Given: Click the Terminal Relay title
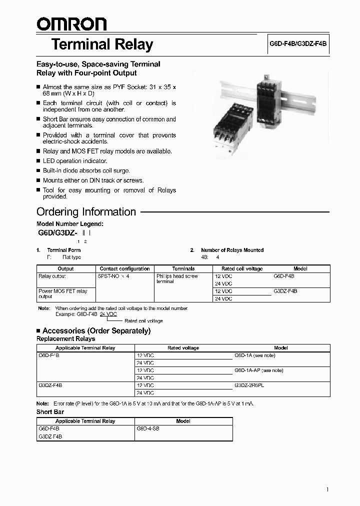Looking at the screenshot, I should (102, 44).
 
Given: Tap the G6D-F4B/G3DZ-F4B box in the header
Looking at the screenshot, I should (298, 44).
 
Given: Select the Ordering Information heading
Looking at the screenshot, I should (86, 211).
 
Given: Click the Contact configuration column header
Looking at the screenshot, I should (124, 268).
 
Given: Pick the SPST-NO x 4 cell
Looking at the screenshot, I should (114, 276).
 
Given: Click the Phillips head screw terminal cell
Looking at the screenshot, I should (177, 278).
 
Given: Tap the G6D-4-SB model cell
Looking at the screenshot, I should (148, 428).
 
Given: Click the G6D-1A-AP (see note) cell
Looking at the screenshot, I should (258, 370).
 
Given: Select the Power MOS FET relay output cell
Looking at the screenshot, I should (63, 293).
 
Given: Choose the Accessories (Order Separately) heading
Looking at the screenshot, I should (96, 330).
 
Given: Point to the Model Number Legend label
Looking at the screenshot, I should (70, 224).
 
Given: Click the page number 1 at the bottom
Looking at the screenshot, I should (327, 489).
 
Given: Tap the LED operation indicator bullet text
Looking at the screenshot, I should (75, 161).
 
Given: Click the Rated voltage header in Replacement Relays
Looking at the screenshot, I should (183, 347).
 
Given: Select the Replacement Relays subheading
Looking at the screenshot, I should (65, 339).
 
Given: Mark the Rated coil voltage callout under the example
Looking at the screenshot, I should (143, 321).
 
